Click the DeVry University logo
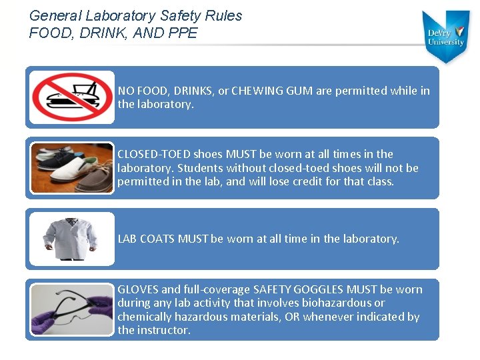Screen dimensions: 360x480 tap(447, 36)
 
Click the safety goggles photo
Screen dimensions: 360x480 tap(72, 309)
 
